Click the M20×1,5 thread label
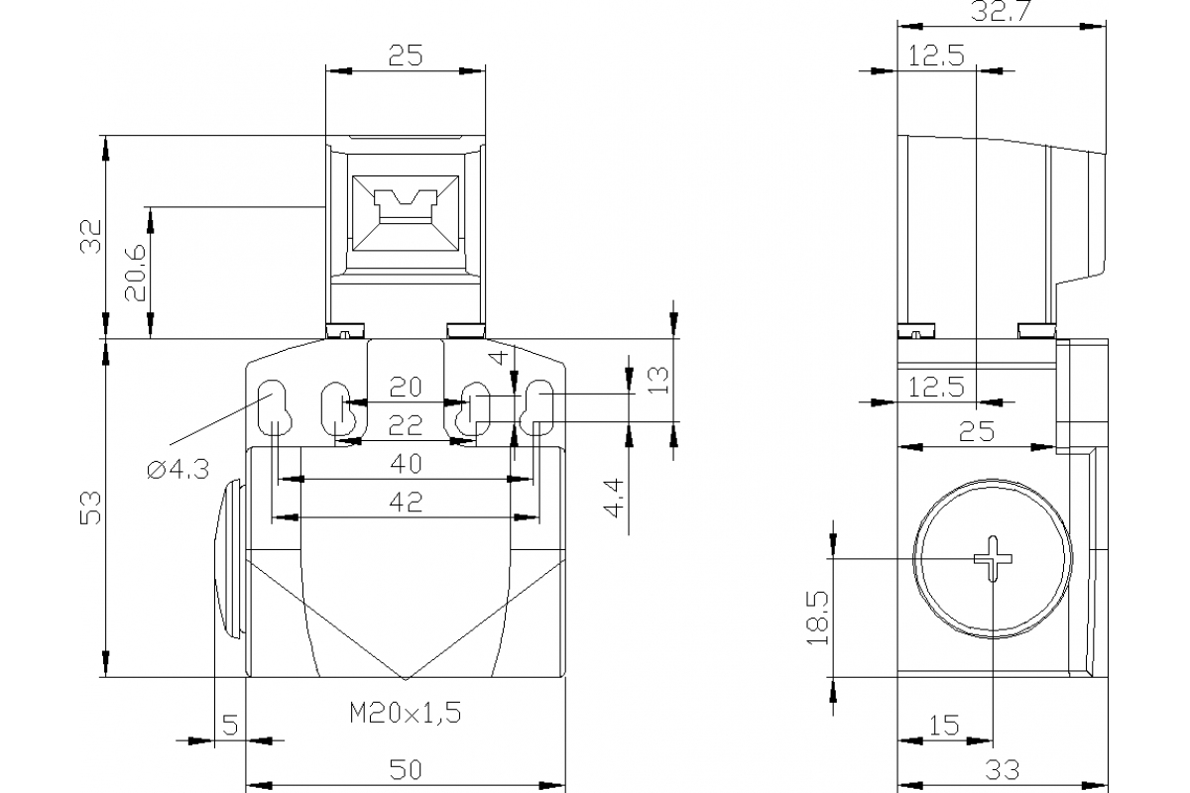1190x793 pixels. (x=405, y=712)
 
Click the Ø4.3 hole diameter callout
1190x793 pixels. (x=178, y=471)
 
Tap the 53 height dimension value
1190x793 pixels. (x=90, y=508)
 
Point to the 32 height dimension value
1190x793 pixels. (x=90, y=237)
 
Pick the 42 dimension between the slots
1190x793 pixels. (x=406, y=502)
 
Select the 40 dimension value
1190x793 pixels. (x=406, y=463)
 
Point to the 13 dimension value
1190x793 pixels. (x=657, y=379)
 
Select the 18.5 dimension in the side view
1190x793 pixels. (x=817, y=618)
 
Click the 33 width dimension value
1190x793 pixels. (x=1002, y=768)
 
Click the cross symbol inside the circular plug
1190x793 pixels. (x=993, y=559)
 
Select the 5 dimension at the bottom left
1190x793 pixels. (x=229, y=726)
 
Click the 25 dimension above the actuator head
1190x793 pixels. (x=406, y=56)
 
